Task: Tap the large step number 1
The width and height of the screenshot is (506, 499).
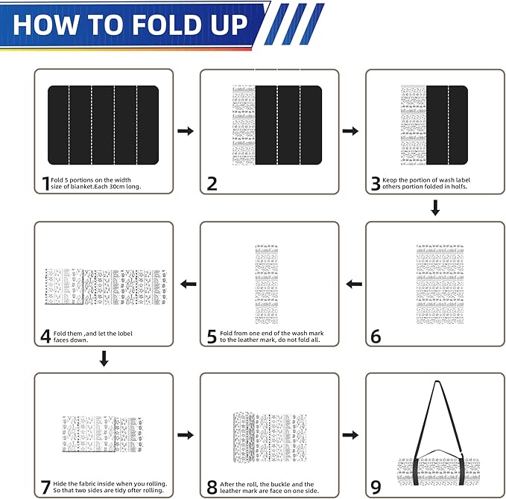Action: point(45,183)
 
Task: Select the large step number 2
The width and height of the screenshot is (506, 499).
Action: point(212,183)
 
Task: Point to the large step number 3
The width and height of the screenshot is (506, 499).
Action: point(376,183)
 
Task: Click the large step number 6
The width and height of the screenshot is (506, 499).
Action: point(376,337)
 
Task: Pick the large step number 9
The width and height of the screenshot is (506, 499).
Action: point(376,487)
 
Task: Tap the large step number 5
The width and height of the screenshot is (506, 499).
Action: point(212,337)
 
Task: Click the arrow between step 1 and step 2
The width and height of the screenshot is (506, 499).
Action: point(186,131)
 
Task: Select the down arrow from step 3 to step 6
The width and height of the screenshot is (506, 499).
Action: point(435,208)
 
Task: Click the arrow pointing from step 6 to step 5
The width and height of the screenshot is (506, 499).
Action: point(354,285)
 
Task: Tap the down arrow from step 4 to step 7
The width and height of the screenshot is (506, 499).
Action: point(104,359)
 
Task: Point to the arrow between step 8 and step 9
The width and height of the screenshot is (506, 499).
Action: point(350,435)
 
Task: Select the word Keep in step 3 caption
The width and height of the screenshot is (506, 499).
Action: point(390,180)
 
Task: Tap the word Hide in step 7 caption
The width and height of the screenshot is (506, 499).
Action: point(60,484)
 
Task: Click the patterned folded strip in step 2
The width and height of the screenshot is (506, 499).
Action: point(244,125)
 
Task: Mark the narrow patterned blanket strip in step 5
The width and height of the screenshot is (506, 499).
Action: point(267,285)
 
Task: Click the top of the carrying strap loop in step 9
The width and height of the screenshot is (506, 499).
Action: point(437,383)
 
